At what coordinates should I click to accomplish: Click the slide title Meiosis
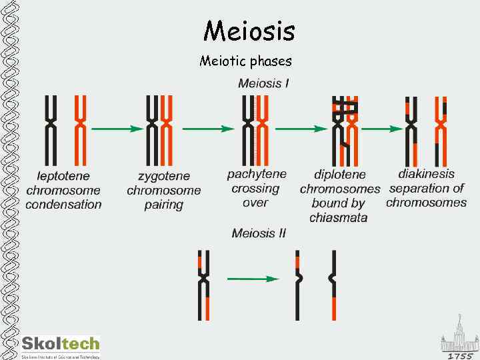[249, 30]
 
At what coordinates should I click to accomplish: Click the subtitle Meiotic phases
[245, 61]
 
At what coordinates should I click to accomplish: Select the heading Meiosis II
[259, 233]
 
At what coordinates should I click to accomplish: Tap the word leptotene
[63, 177]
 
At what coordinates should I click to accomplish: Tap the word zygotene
[163, 177]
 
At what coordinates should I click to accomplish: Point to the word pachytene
[257, 174]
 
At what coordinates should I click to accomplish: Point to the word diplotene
[339, 175]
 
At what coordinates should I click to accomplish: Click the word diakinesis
[426, 173]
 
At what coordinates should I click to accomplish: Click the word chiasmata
[338, 218]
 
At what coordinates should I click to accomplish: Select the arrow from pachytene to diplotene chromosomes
[300, 128]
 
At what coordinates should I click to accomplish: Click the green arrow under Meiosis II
[253, 279]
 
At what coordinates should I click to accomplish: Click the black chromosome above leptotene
[51, 130]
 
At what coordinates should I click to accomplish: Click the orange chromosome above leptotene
[80, 130]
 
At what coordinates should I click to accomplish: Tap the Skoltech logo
[60, 345]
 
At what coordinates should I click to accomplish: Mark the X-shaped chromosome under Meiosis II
[204, 284]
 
